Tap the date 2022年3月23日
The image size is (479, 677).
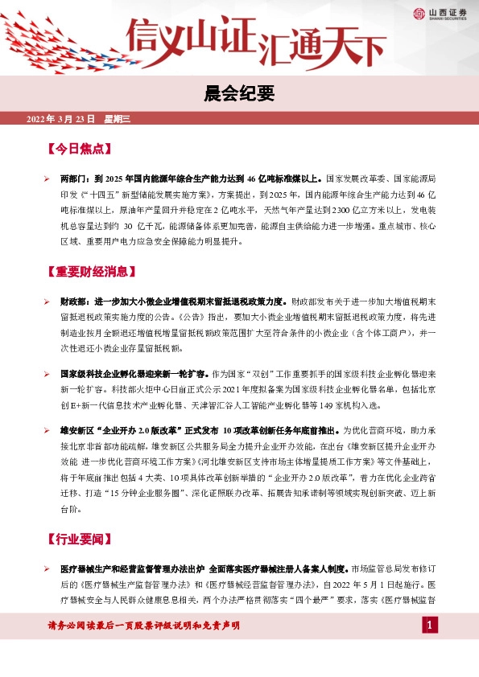[x=61, y=119]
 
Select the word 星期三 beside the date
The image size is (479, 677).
[x=118, y=119]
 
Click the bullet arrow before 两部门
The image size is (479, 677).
[x=47, y=175]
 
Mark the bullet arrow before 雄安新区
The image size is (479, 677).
[x=47, y=431]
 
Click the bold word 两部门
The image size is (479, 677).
[x=72, y=175]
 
